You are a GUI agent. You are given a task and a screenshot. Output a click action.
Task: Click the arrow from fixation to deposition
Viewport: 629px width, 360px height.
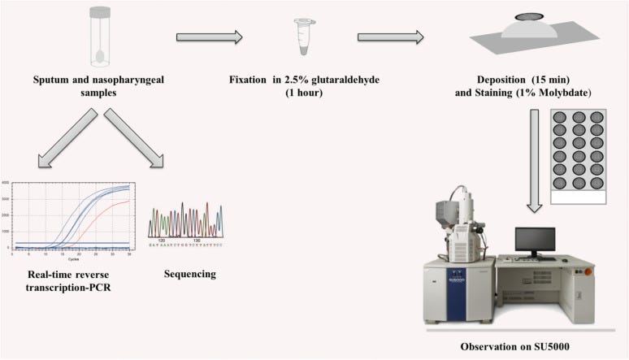pyautogui.click(x=391, y=37)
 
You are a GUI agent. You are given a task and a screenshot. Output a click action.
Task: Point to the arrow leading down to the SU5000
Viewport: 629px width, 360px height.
pyautogui.click(x=535, y=158)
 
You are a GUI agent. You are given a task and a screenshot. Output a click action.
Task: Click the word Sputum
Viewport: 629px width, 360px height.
pyautogui.click(x=54, y=80)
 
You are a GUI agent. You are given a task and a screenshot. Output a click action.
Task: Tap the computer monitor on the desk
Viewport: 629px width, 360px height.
pyautogui.click(x=535, y=241)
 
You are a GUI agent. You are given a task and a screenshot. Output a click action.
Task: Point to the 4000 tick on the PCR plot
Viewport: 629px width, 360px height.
pyautogui.click(x=7, y=184)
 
